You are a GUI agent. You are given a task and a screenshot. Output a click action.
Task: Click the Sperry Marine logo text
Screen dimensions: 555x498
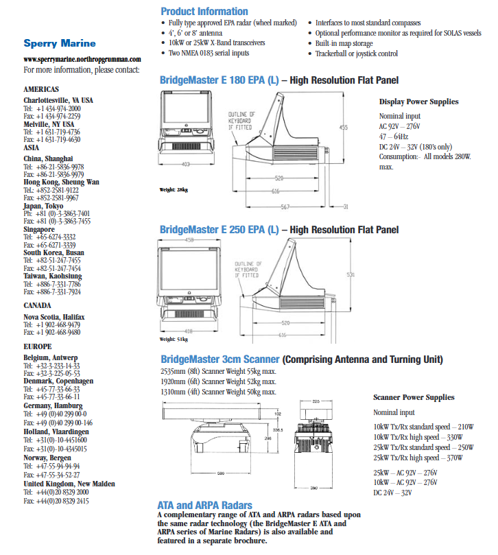click(60, 43)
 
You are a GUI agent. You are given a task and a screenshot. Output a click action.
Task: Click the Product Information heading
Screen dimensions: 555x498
click(204, 11)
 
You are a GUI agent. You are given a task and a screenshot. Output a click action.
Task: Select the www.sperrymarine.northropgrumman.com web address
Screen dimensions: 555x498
click(82, 60)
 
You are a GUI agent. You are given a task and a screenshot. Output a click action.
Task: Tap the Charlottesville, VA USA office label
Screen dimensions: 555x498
click(58, 100)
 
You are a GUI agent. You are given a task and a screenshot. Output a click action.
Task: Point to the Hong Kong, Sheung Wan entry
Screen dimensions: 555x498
click(61, 182)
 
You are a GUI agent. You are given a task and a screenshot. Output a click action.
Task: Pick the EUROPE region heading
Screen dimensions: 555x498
click(37, 346)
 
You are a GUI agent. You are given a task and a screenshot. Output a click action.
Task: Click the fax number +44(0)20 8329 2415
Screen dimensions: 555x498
click(56, 501)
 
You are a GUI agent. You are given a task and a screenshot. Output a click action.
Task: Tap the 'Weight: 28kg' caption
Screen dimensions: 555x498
click(174, 190)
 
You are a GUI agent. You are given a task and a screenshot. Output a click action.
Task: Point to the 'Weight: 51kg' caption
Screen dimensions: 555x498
click(174, 340)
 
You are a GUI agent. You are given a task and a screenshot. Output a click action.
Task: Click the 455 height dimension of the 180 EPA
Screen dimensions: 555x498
click(344, 128)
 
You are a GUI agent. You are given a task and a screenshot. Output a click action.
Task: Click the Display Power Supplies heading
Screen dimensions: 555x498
click(418, 102)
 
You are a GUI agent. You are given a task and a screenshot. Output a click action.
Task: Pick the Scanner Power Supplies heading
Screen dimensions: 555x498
click(413, 397)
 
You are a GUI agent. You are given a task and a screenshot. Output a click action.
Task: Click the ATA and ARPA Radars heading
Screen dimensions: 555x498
click(204, 506)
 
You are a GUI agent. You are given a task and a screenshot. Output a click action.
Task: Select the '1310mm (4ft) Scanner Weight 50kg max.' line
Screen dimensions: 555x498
click(218, 392)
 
